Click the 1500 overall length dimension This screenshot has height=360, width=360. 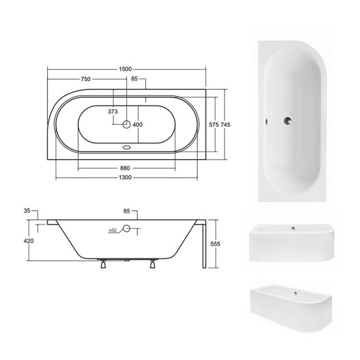[x=126, y=69]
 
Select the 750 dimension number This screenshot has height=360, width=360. [x=86, y=79]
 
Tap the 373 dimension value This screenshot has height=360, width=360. [x=113, y=111]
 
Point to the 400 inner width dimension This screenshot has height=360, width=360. [x=137, y=124]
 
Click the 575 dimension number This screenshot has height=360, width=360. [x=214, y=124]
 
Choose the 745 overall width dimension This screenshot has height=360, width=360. [x=225, y=124]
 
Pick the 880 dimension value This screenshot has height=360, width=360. [x=125, y=168]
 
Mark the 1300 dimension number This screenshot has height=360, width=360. [x=125, y=177]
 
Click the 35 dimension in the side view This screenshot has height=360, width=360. [x=27, y=211]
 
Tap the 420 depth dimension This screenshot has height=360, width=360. [x=28, y=241]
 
